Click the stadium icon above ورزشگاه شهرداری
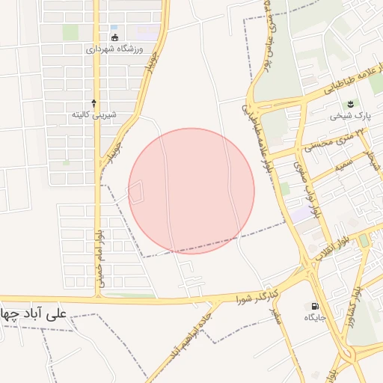coord(114,37)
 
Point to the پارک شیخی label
coord(352,115)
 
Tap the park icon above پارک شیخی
coord(350,102)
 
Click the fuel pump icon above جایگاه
coord(314,306)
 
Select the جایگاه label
coord(314,318)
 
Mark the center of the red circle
coord(191,191)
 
